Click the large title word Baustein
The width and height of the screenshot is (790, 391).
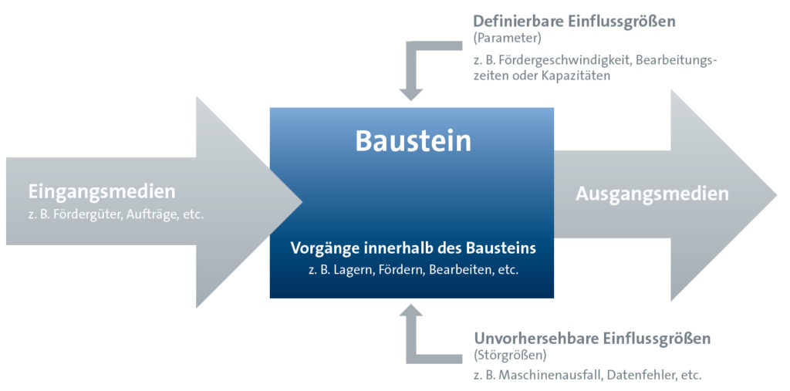pos(414,141)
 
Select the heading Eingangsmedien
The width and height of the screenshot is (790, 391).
pos(102,192)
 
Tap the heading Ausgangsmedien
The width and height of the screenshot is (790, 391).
pos(652,194)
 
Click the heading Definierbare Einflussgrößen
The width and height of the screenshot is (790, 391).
pos(574,22)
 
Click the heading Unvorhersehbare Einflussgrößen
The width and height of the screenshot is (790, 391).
pos(592,339)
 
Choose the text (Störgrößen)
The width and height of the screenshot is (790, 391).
pos(510,356)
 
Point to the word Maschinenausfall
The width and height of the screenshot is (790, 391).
pos(547,376)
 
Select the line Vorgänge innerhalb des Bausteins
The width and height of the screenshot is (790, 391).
pos(414,248)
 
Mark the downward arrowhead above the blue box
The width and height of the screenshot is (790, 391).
pos(411,94)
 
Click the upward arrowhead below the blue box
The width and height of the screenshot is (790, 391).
pos(411,310)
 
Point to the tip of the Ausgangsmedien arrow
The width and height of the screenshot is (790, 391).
pos(776,195)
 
